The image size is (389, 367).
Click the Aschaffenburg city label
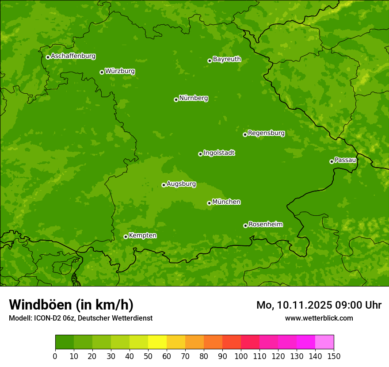click(x=73, y=56)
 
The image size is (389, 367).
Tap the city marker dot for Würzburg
click(x=102, y=72)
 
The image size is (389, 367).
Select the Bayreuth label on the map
click(x=227, y=59)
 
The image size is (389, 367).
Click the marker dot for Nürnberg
click(x=176, y=99)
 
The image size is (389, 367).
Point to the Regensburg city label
click(x=266, y=133)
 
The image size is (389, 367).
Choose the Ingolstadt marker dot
click(x=200, y=154)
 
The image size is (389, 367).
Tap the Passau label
click(x=345, y=160)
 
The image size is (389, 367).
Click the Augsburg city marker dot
click(x=164, y=185)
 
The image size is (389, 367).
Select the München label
click(x=226, y=202)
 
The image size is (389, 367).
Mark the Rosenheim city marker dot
click(x=245, y=226)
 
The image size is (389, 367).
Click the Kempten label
click(x=142, y=236)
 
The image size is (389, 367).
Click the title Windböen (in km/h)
click(x=71, y=305)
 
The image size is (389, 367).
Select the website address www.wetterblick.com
click(x=319, y=318)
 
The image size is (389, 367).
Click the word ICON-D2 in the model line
click(x=46, y=318)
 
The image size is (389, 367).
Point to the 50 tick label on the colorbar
click(x=148, y=356)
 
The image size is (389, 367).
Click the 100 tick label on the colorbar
click(x=240, y=356)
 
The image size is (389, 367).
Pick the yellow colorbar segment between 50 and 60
click(x=157, y=342)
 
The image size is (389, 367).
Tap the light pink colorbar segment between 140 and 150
click(x=324, y=342)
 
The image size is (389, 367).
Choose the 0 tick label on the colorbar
click(x=55, y=356)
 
